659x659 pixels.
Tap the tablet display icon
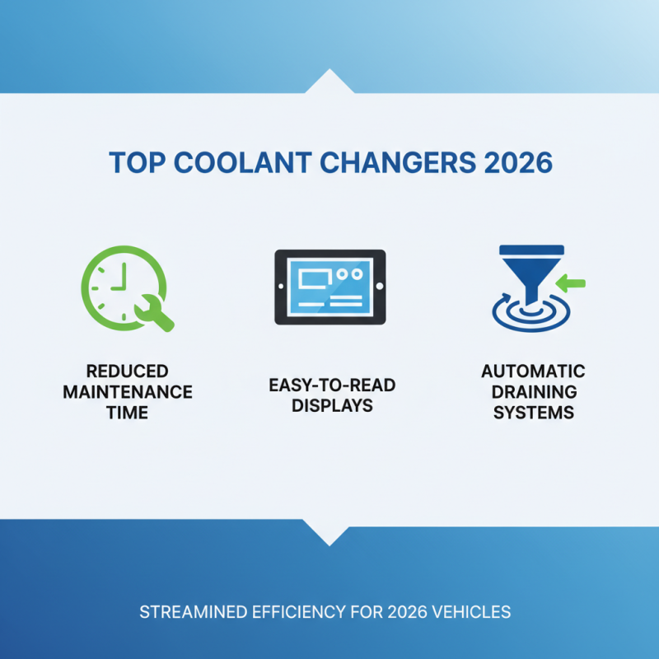tap(329, 286)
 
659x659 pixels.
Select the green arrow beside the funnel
tap(570, 283)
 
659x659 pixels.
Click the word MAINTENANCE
tap(128, 391)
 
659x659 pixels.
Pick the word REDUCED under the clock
tap(128, 371)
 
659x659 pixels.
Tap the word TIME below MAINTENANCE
tap(128, 412)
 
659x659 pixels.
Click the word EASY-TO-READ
tap(329, 385)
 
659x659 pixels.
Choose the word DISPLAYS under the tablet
tap(329, 405)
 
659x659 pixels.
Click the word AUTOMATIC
tap(533, 371)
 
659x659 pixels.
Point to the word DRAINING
tap(533, 391)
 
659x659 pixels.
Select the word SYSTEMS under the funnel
tap(533, 412)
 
